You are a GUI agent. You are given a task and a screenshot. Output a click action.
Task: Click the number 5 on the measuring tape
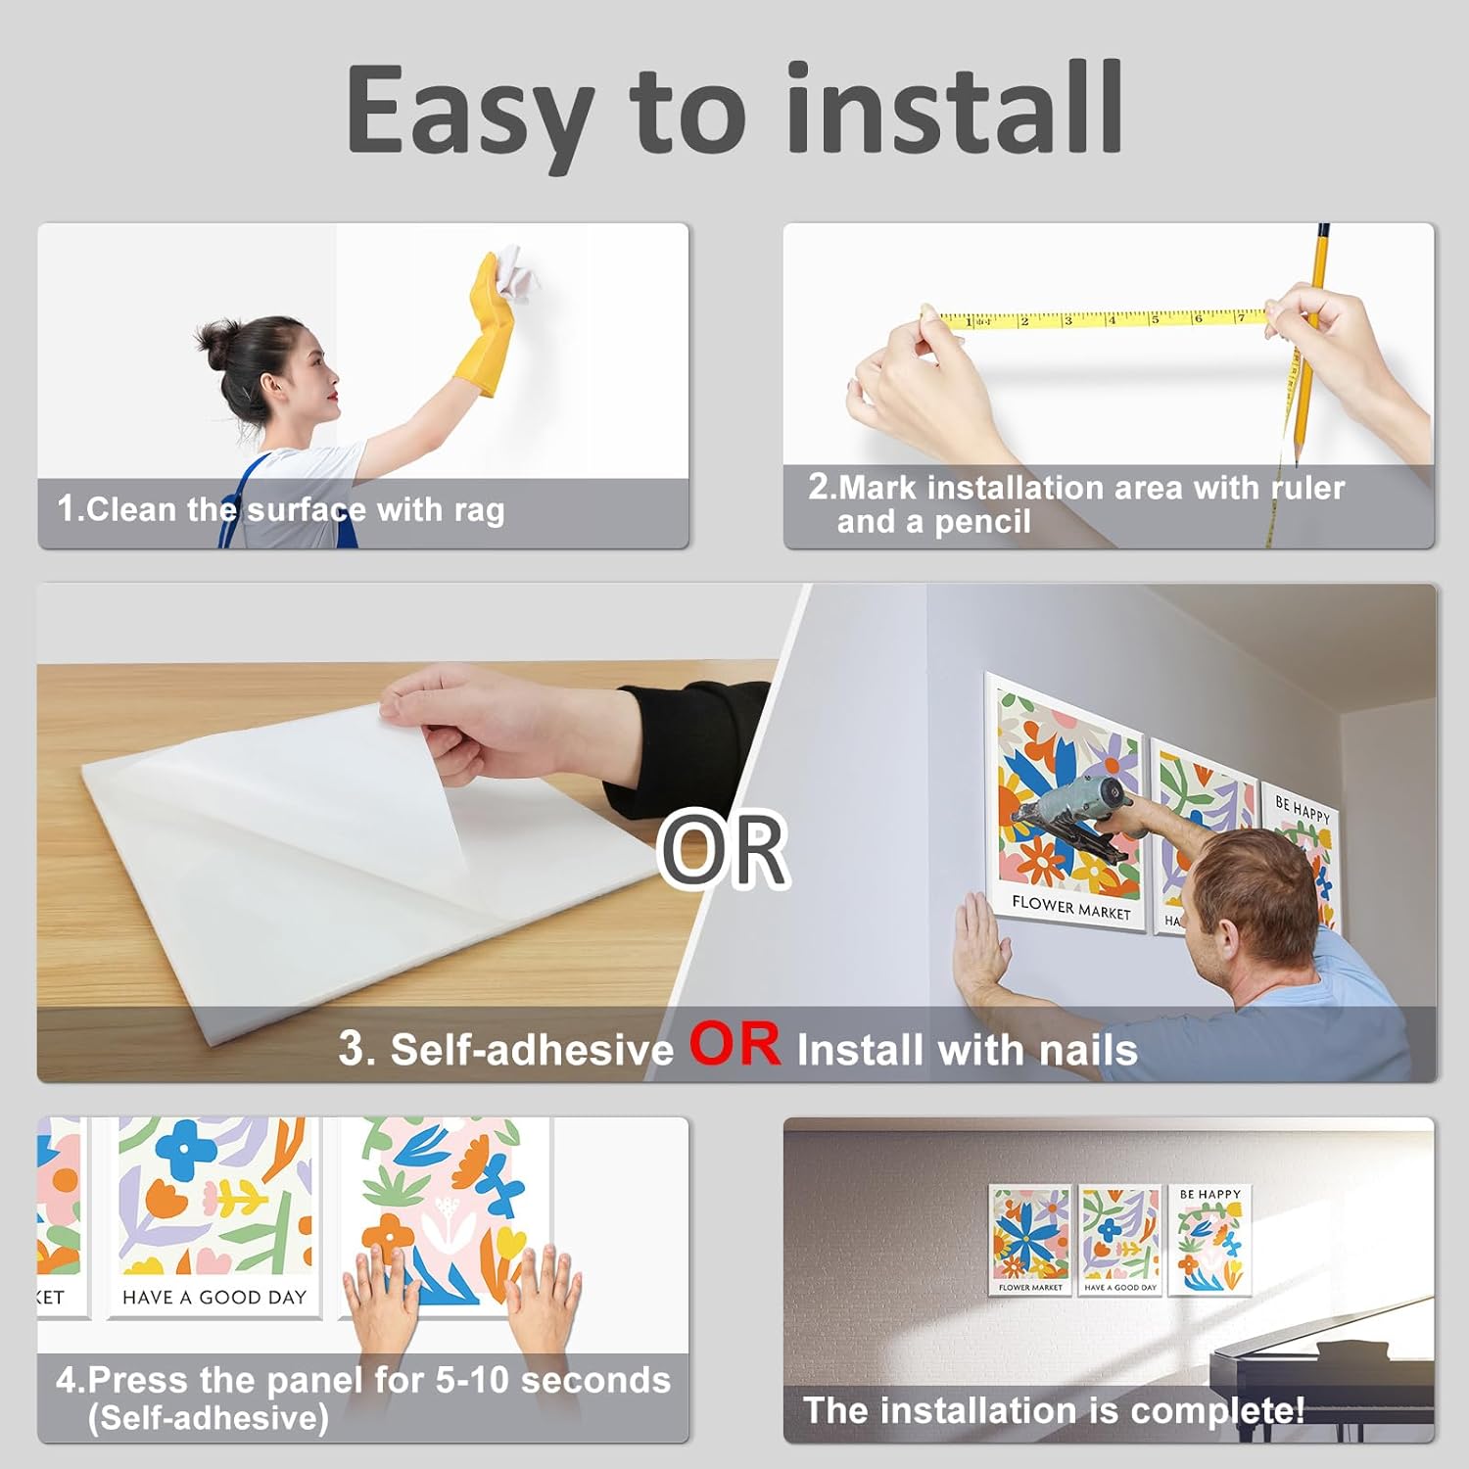click(x=1155, y=318)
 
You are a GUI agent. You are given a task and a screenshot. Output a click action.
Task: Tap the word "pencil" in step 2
click(x=982, y=522)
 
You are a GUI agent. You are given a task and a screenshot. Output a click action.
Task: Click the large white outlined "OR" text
click(x=724, y=849)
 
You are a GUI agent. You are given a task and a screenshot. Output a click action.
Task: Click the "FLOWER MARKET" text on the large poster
click(x=1071, y=907)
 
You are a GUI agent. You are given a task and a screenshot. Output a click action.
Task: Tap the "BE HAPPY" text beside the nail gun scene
click(x=1303, y=808)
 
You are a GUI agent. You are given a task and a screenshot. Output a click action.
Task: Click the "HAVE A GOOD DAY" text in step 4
click(x=214, y=1298)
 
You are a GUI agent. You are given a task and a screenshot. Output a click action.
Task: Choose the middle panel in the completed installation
click(x=1120, y=1240)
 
